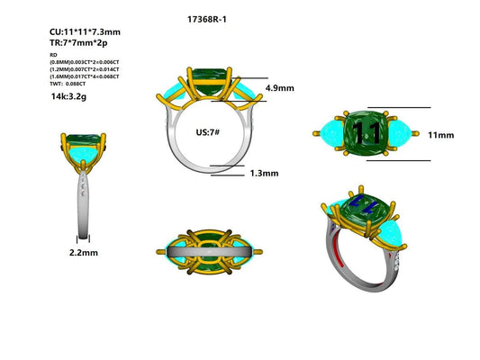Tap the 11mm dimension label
click(440, 135)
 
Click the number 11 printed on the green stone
click(367, 133)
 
